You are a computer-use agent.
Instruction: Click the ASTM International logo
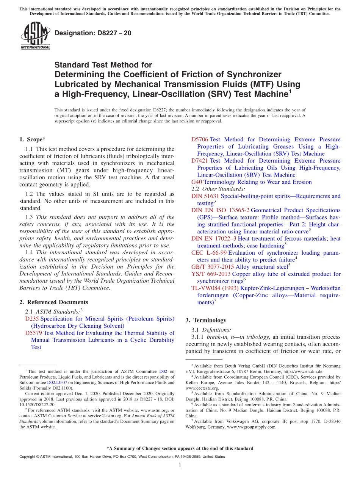click(35, 36)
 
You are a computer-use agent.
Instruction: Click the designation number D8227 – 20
click(93, 33)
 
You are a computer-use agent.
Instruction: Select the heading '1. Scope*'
click(33, 139)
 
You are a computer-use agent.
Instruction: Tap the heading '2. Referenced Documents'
click(54, 302)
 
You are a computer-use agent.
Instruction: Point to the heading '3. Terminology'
click(206, 320)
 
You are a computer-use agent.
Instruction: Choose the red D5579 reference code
click(33, 333)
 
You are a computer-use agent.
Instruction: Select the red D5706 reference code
click(200, 139)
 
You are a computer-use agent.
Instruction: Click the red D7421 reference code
click(200, 161)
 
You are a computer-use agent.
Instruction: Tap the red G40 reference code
click(197, 182)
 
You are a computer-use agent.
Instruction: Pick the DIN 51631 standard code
click(205, 196)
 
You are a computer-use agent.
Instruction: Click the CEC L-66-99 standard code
click(209, 253)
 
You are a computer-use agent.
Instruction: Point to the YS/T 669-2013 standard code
click(211, 274)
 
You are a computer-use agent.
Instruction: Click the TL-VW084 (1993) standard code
click(215, 288)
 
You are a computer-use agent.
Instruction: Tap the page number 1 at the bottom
click(180, 465)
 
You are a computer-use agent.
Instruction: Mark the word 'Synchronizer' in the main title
click(249, 74)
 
